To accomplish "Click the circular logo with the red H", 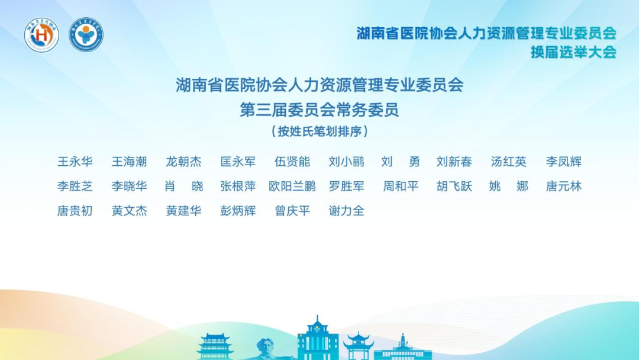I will (x=41, y=36).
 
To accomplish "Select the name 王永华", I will (x=75, y=162).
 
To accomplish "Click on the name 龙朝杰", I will (x=183, y=162).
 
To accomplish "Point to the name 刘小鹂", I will (x=347, y=162).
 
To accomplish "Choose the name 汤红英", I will (x=509, y=162).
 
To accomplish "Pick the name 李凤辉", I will (x=564, y=162).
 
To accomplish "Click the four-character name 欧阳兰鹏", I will (x=292, y=187).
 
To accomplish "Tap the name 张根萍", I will (x=238, y=187).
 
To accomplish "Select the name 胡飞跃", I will (x=454, y=187).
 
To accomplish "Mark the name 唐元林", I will (x=564, y=187).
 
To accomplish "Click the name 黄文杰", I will (x=129, y=211).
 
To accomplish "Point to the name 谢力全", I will (x=347, y=211).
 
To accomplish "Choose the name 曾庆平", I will (x=292, y=211).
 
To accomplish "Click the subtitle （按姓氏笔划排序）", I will (x=319, y=131).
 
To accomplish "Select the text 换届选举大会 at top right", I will (x=573, y=52).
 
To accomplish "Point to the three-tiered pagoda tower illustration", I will (x=215, y=346).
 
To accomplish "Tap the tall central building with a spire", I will (x=318, y=340).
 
